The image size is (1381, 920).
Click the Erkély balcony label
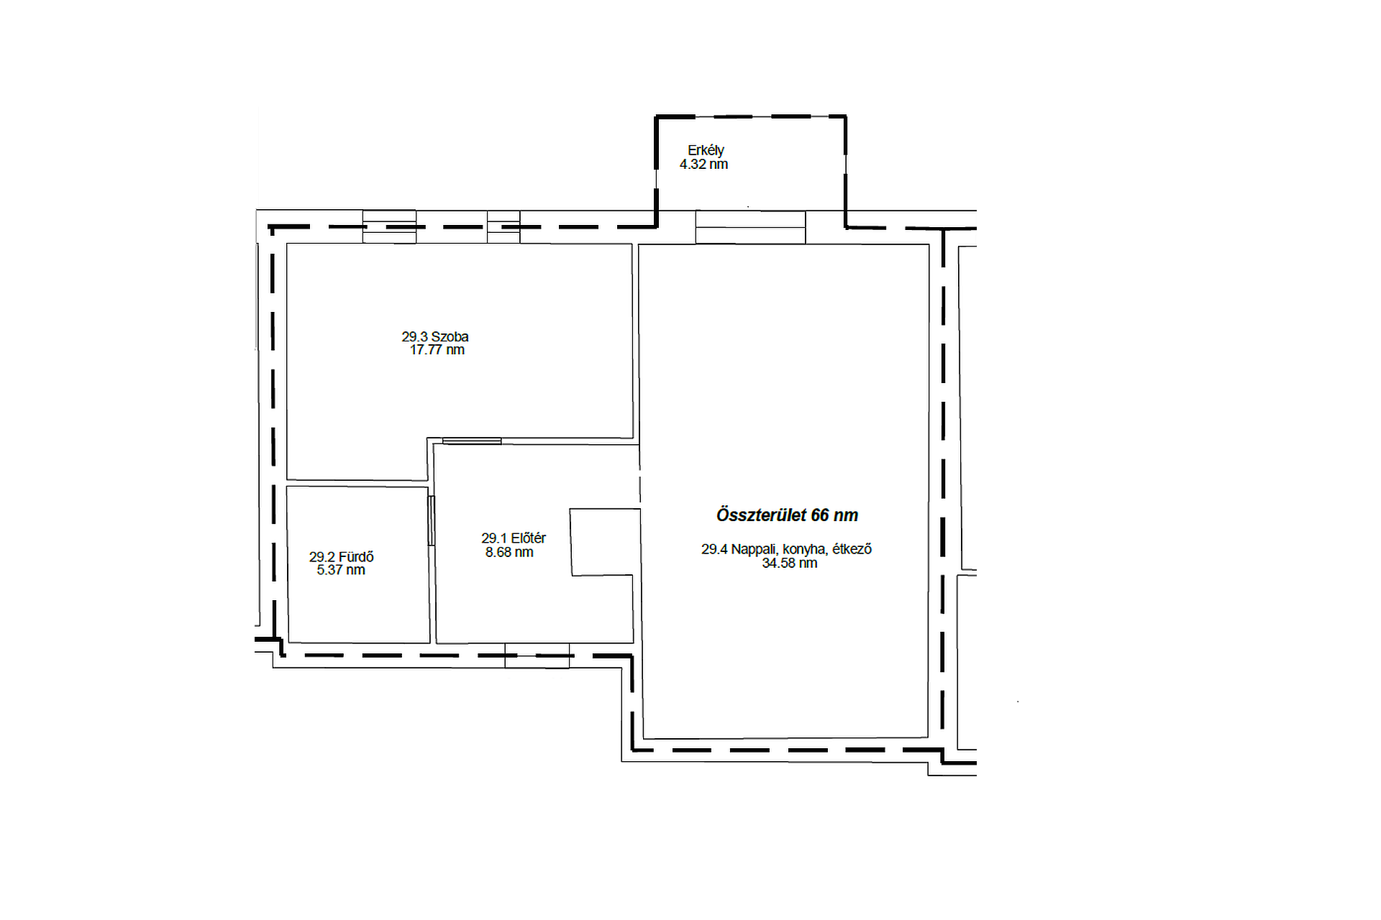[x=706, y=150]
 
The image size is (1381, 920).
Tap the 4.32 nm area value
[x=703, y=164]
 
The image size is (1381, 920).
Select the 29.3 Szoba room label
[x=435, y=336]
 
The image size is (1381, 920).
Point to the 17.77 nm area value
[x=437, y=350]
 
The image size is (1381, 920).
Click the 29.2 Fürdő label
[x=342, y=557]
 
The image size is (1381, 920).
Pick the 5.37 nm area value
[x=341, y=570]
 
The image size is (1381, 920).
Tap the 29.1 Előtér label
[x=514, y=538]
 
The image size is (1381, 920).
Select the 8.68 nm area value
[x=509, y=552]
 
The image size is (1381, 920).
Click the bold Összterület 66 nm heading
[x=787, y=515]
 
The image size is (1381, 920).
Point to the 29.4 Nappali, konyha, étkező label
[x=787, y=549]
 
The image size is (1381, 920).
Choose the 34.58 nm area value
[x=790, y=563]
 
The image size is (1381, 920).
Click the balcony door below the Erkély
[x=750, y=227]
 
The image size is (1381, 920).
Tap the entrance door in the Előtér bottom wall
[x=537, y=655]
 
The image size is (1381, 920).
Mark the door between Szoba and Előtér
[x=472, y=441]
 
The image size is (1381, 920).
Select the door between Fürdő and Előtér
[x=432, y=520]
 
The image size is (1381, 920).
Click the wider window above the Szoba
[x=389, y=226]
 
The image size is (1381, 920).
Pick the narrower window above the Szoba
[x=503, y=226]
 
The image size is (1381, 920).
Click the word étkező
[x=852, y=549]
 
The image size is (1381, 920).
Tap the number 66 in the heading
[x=820, y=515]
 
